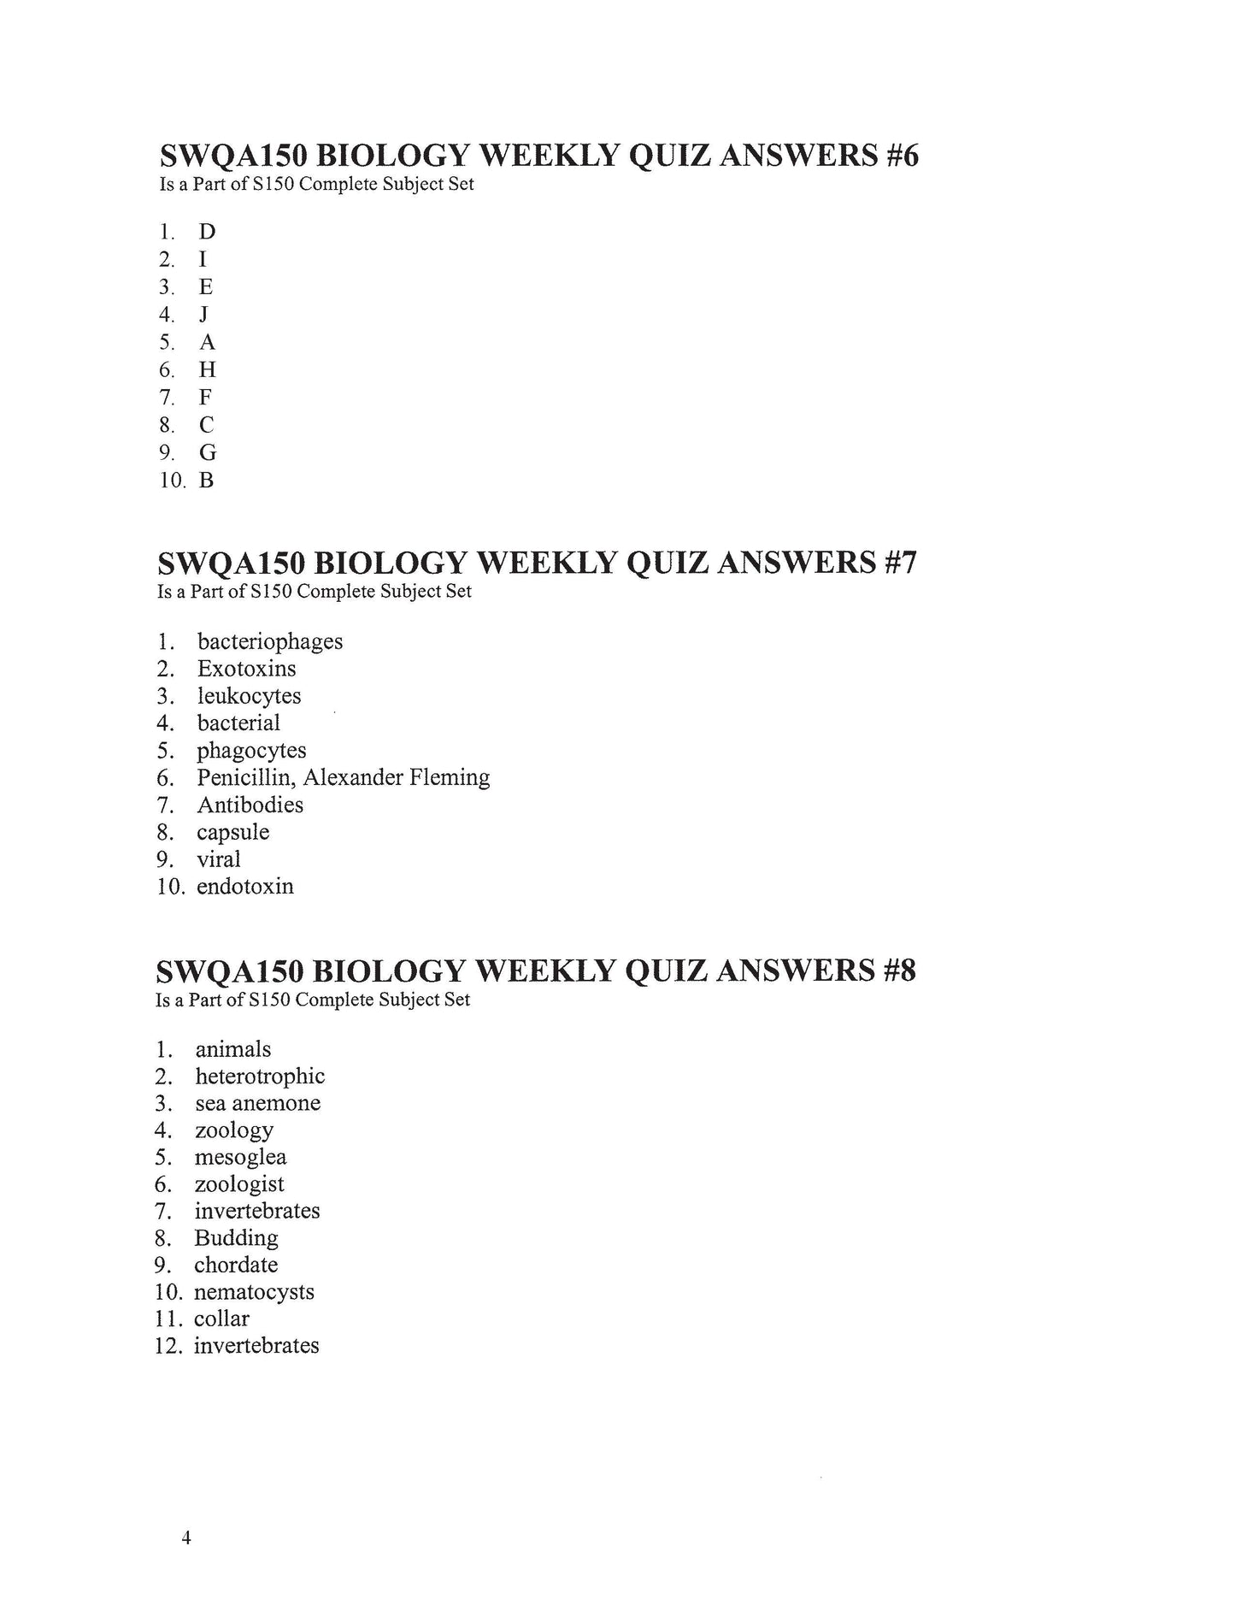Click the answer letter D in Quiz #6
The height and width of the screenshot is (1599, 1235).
tap(207, 232)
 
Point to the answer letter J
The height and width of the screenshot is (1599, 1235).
tap(203, 315)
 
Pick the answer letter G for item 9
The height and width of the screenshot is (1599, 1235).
tap(208, 452)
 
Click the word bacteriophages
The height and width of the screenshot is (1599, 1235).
tap(270, 641)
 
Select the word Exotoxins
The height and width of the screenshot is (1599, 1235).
tap(246, 669)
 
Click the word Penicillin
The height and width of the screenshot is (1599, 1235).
tap(246, 777)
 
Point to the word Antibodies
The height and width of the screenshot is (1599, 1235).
tap(250, 805)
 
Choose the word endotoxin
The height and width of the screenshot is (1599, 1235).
tap(244, 887)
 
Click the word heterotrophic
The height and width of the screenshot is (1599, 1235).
tap(260, 1077)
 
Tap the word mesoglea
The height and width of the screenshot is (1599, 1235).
tap(240, 1158)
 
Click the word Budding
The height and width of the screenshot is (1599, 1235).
tap(236, 1238)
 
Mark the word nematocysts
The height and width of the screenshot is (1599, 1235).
tap(254, 1292)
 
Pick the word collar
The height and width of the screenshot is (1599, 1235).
tap(221, 1319)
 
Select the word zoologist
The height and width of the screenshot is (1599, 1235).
tap(239, 1184)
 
